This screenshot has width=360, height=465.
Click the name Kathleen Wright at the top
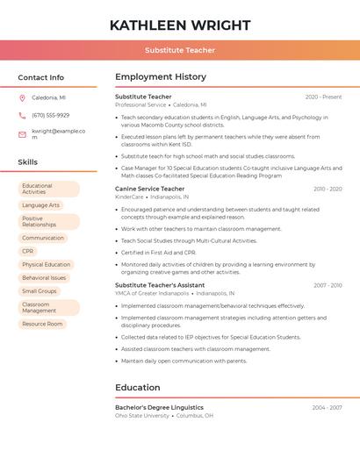pyautogui.click(x=180, y=25)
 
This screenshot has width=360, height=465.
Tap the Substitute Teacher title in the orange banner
pyautogui.click(x=180, y=50)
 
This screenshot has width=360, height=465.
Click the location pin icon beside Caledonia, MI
pyautogui.click(x=22, y=97)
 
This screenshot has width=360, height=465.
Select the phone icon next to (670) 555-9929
pyautogui.click(x=22, y=115)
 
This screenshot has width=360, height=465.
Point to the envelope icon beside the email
pyautogui.click(x=22, y=134)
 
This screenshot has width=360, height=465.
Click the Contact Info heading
pyautogui.click(x=41, y=77)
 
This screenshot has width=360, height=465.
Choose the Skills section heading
pyautogui.click(x=28, y=162)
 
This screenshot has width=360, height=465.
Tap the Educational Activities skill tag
pyautogui.click(x=48, y=189)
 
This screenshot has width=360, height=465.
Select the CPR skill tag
pyautogui.click(x=29, y=251)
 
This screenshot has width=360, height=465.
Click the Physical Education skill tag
pyautogui.click(x=47, y=264)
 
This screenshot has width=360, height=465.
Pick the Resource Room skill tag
pyautogui.click(x=43, y=324)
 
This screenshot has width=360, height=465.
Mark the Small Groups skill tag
pyautogui.click(x=40, y=290)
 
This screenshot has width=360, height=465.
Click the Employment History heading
pyautogui.click(x=161, y=77)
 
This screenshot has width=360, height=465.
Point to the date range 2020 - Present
pyautogui.click(x=323, y=97)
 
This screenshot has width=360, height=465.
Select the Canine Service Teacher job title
pyautogui.click(x=150, y=189)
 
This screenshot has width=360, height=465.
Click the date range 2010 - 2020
pyautogui.click(x=327, y=189)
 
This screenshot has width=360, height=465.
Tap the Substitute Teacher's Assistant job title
pyautogui.click(x=160, y=285)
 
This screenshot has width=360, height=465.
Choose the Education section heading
pyautogui.click(x=138, y=387)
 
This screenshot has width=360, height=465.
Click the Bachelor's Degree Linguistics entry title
pyautogui.click(x=159, y=407)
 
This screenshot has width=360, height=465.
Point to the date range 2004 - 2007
pyautogui.click(x=327, y=407)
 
